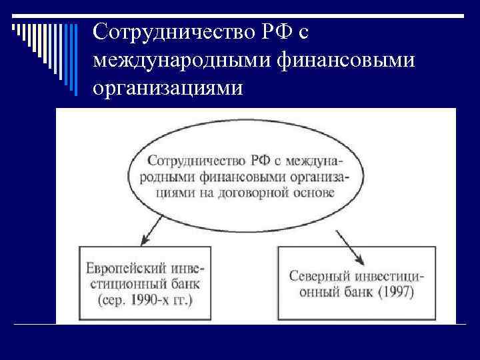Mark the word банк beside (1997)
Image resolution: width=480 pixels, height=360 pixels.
[355, 291]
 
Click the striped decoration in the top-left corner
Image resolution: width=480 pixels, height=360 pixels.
[40, 33]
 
